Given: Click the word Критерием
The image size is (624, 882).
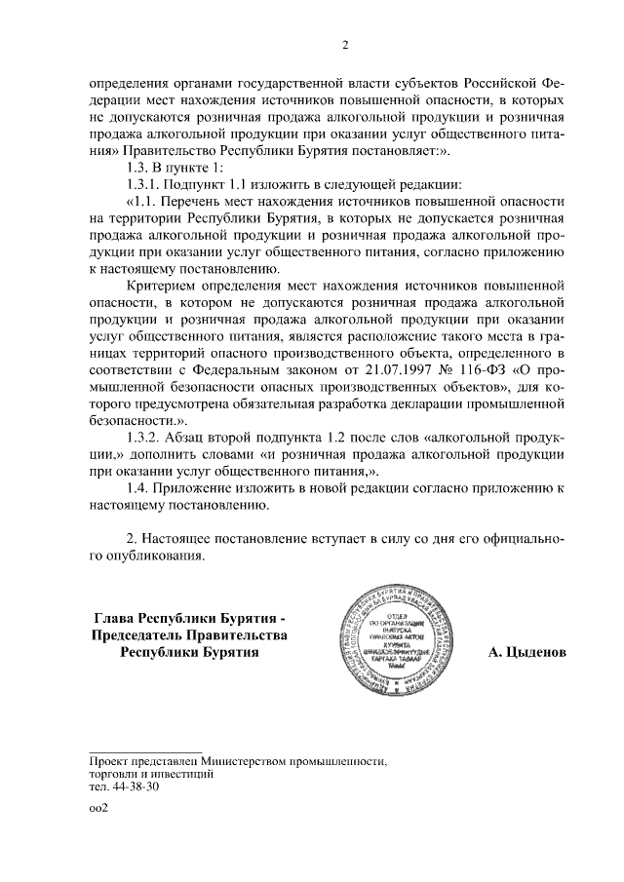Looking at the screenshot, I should click(162, 287).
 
